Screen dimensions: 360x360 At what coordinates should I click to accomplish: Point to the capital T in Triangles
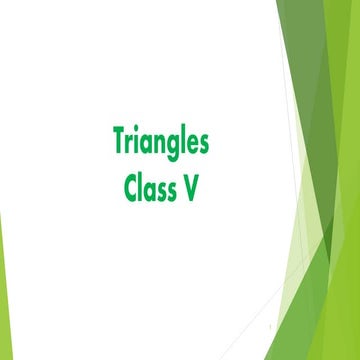pyautogui.click(x=120, y=143)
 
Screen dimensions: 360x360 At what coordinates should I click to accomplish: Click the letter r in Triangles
pyautogui.click(x=131, y=146)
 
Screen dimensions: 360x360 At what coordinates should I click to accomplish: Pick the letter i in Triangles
pyautogui.click(x=139, y=144)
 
